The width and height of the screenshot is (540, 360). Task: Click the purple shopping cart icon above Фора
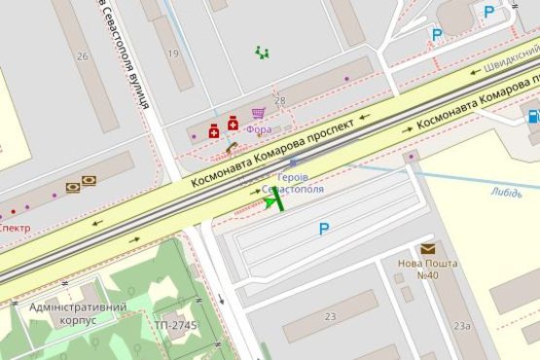point(259,114)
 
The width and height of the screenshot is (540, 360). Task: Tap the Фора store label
point(260,128)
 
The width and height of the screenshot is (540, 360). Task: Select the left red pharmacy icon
point(214,131)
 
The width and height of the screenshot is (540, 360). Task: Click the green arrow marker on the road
point(272,200)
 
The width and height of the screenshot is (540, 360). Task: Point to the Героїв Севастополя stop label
point(294,182)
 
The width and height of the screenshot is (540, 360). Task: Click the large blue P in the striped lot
point(324,229)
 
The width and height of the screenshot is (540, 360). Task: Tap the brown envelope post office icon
point(427,249)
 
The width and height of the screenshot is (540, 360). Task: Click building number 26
point(83,55)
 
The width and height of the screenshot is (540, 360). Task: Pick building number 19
point(173,54)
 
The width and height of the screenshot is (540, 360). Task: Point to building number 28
point(280,101)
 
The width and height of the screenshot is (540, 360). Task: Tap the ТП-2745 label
point(175,324)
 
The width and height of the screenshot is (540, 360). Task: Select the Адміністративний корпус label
point(78,312)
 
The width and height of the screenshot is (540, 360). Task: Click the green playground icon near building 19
point(261,51)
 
